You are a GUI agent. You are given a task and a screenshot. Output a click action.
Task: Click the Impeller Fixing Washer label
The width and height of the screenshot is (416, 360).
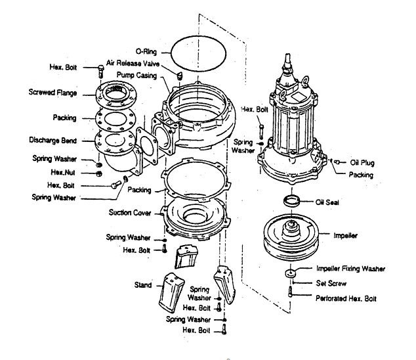[351, 269]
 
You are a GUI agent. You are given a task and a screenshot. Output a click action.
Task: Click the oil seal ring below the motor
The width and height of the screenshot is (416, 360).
[293, 200]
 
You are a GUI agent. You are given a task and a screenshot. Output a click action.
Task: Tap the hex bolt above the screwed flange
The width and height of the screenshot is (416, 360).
[100, 70]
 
